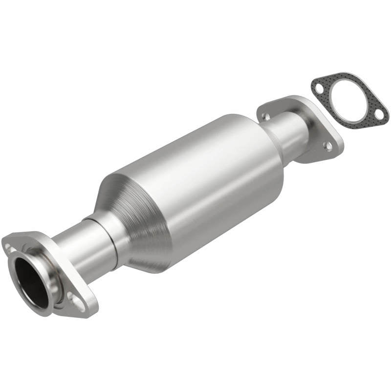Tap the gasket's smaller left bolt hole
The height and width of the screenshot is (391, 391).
[319, 89]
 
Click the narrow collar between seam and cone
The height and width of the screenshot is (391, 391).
[117, 230]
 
